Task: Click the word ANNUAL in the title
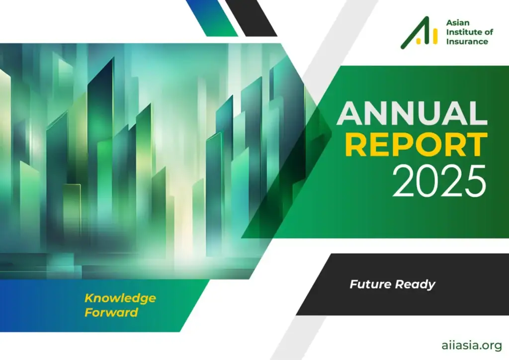(x=412, y=113)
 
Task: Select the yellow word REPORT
(x=416, y=145)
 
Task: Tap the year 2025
(x=439, y=181)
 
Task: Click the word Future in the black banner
(x=370, y=284)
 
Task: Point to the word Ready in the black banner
(x=415, y=285)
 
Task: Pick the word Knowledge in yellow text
(x=120, y=298)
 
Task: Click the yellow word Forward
(x=111, y=312)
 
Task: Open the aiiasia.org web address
(x=472, y=346)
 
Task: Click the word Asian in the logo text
(x=458, y=23)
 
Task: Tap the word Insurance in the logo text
(x=467, y=41)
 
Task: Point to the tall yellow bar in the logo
(x=435, y=36)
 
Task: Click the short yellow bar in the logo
(x=419, y=41)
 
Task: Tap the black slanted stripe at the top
(x=251, y=18)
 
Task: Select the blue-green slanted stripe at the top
(x=212, y=18)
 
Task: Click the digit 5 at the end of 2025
(x=476, y=181)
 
